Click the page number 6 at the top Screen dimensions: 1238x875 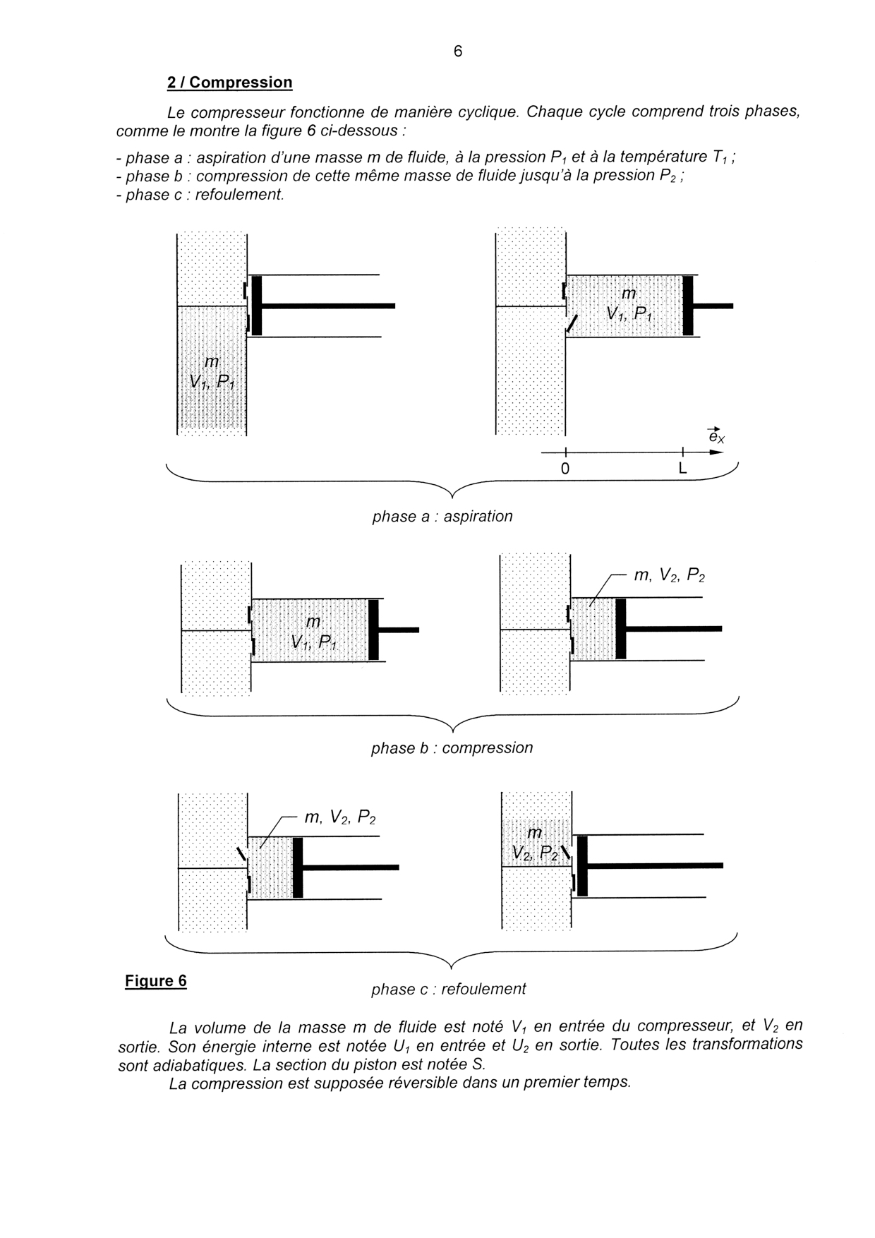tap(458, 52)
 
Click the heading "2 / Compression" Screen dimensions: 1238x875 tap(229, 83)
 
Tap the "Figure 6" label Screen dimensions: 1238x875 tap(156, 980)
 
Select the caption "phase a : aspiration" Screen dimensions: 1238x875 tap(442, 516)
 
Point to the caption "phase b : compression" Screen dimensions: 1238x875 tap(452, 747)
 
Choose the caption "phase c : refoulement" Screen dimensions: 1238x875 tap(448, 989)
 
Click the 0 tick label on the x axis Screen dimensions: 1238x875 tap(565, 468)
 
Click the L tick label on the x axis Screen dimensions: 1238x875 tap(682, 468)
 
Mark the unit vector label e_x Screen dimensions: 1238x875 tap(716, 437)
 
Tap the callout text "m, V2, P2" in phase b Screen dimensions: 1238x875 tap(669, 575)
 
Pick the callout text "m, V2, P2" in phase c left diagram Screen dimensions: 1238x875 tap(339, 817)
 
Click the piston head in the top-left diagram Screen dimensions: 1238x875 tap(257, 306)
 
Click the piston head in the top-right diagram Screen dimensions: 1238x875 tap(687, 306)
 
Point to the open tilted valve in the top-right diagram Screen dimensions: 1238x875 tap(572, 324)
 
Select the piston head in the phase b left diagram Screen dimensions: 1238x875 tap(373, 630)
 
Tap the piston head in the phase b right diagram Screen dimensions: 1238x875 tap(620, 628)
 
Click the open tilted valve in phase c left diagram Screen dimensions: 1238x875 tap(241, 854)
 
